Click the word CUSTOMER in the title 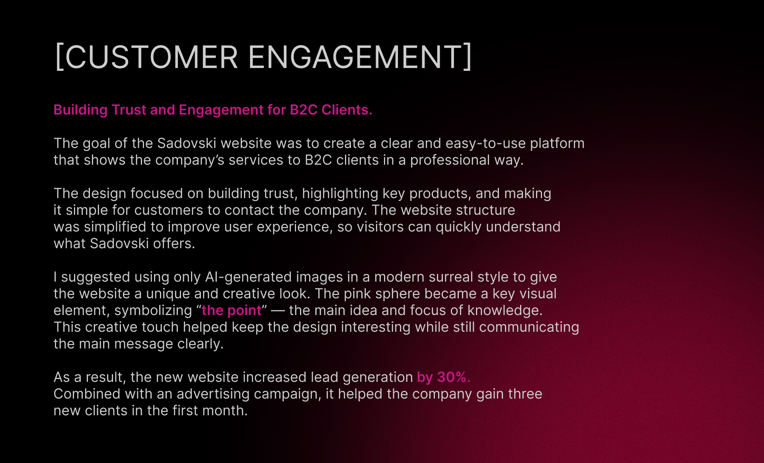[x=152, y=57]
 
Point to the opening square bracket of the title [x=59, y=57]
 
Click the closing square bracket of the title [x=468, y=57]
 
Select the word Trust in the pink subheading [x=129, y=110]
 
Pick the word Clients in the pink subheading [x=347, y=110]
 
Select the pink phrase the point [x=232, y=311]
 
